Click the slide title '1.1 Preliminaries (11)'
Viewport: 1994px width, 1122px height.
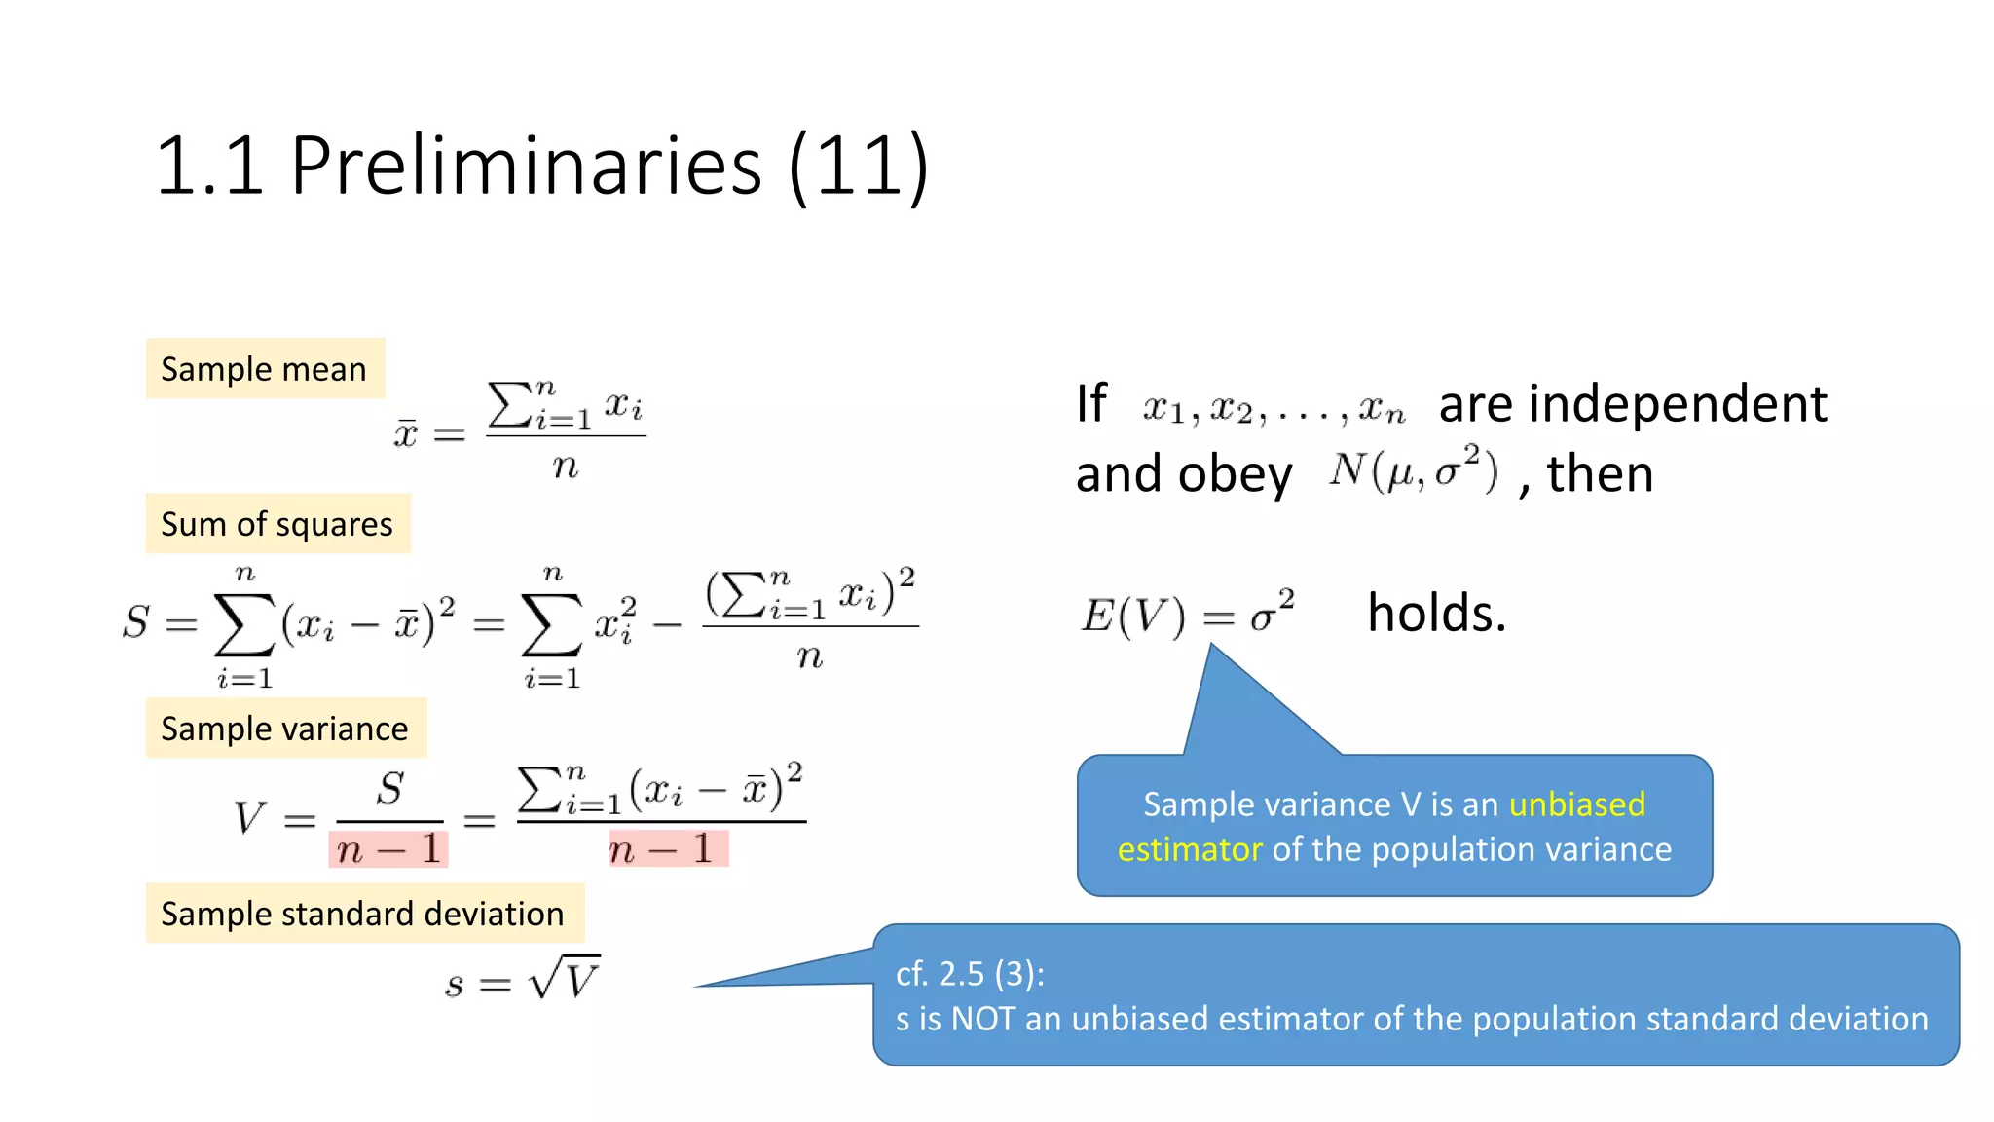[x=541, y=167]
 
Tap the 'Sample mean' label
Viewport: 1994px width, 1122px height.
[x=264, y=369]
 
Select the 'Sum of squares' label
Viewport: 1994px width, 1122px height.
[x=277, y=524]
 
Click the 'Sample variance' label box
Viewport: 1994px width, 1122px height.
[x=285, y=729]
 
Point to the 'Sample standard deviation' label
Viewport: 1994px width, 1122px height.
[x=363, y=914]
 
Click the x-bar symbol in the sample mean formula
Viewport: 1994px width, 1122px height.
[x=406, y=432]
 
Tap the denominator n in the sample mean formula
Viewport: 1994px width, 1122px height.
[x=566, y=468]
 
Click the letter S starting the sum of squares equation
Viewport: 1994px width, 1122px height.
[x=136, y=621]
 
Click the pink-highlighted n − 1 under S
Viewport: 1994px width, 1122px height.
[x=388, y=850]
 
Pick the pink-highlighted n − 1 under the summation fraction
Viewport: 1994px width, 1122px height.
[x=668, y=849]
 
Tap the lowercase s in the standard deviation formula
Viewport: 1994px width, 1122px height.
[x=454, y=985]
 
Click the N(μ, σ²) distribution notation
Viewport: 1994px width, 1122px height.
[x=1413, y=470]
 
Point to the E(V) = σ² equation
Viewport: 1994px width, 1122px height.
[x=1188, y=615]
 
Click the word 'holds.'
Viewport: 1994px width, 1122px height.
[x=1436, y=614]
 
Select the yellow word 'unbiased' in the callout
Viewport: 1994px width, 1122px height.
[x=1577, y=804]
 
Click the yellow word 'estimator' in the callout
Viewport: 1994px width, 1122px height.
[x=1189, y=849]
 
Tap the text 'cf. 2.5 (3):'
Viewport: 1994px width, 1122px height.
[x=970, y=973]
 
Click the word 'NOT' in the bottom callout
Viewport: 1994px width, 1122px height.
[x=983, y=1019]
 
